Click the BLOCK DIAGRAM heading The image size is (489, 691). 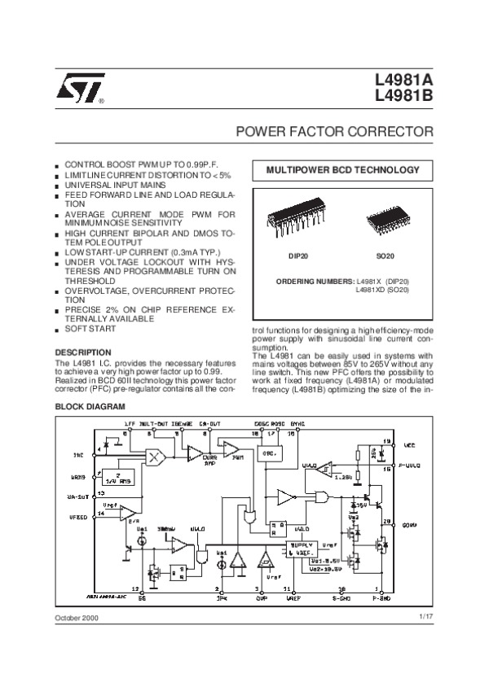click(x=90, y=405)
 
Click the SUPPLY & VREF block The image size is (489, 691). click(x=303, y=550)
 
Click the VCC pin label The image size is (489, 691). click(x=409, y=444)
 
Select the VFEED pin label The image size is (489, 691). click(x=77, y=514)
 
